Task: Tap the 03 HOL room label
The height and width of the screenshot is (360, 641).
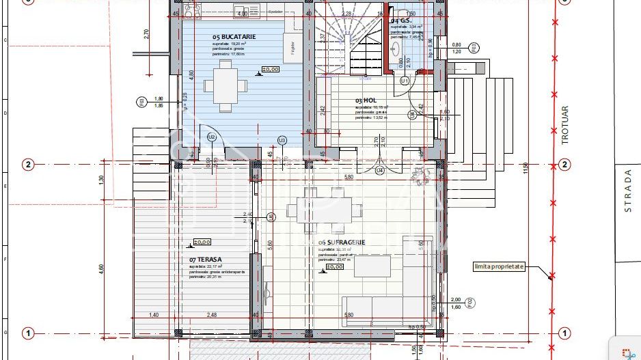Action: (x=366, y=100)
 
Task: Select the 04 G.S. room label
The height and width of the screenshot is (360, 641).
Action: (x=400, y=21)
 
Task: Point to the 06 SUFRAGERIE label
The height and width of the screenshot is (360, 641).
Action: (x=342, y=242)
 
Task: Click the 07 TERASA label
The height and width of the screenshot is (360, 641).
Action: (x=205, y=260)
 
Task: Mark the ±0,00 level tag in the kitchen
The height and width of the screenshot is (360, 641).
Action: (x=271, y=70)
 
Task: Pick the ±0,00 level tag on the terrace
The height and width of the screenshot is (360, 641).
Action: (x=202, y=242)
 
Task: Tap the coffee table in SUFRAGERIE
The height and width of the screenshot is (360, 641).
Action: (x=372, y=265)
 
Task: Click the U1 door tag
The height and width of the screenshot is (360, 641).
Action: (x=405, y=81)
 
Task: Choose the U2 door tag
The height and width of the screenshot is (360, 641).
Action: (x=212, y=137)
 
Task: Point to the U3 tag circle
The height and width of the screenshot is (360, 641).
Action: (x=282, y=141)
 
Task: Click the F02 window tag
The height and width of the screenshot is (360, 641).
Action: (x=471, y=303)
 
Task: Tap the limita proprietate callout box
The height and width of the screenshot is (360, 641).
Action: (x=500, y=266)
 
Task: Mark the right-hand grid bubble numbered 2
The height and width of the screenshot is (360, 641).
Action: (x=564, y=164)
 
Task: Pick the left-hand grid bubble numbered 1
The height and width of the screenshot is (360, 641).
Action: (x=28, y=333)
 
